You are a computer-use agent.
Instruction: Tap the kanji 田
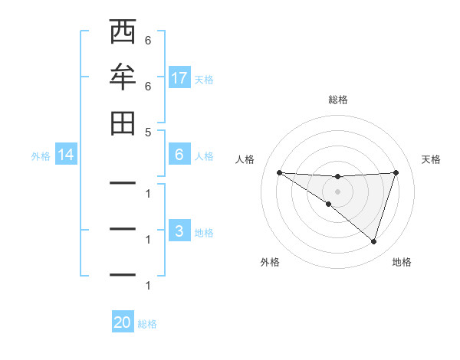click(x=123, y=123)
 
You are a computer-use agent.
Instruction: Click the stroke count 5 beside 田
click(x=148, y=132)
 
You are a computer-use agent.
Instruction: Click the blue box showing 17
click(x=179, y=78)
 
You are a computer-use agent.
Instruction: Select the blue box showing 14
click(x=66, y=155)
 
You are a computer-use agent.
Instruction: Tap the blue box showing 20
click(x=123, y=322)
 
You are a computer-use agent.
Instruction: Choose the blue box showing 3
click(x=179, y=231)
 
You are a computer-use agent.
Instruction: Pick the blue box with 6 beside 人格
click(x=179, y=155)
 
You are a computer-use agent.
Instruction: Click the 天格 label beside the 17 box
click(x=204, y=79)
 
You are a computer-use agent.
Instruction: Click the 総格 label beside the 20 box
click(x=147, y=324)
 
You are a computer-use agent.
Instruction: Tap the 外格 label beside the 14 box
click(x=41, y=155)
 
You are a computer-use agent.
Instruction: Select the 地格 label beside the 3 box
click(x=204, y=232)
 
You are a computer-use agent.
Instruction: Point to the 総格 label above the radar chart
click(x=338, y=100)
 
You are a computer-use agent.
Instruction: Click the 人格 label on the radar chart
click(x=245, y=159)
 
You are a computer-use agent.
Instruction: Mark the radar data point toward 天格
click(x=396, y=172)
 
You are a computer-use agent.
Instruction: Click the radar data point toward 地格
click(x=373, y=241)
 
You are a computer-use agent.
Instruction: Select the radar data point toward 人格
click(x=279, y=172)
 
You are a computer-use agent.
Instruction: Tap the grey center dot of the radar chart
click(x=338, y=191)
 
